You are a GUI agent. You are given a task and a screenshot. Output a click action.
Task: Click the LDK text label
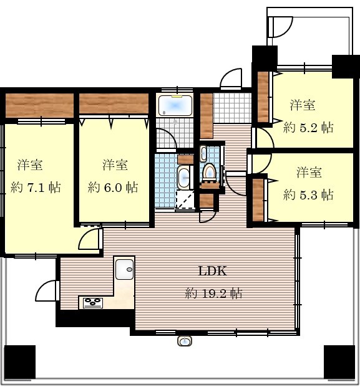pyautogui.click(x=213, y=271)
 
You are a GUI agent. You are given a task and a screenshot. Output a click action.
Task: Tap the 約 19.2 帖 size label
pyautogui.click(x=214, y=294)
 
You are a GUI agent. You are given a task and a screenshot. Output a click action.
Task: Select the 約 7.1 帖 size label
pyautogui.click(x=36, y=188)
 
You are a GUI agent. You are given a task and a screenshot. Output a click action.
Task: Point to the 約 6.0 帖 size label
pyautogui.click(x=113, y=188)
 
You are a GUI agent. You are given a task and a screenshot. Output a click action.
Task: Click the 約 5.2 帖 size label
pyautogui.click(x=308, y=128)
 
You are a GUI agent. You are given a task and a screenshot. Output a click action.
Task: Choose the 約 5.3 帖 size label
pyautogui.click(x=308, y=195)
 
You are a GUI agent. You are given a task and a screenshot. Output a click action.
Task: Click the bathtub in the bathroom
pyautogui.click(x=175, y=106)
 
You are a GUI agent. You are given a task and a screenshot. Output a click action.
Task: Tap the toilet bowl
pyautogui.click(x=209, y=171)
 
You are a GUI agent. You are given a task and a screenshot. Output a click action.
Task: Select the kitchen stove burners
pyautogui.click(x=93, y=303)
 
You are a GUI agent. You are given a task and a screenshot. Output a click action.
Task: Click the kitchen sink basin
pyautogui.click(x=124, y=269)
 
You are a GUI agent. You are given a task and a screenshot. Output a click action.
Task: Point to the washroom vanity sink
pyautogui.click(x=183, y=178)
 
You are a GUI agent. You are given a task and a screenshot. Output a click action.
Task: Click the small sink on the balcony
pyautogui.click(x=184, y=341)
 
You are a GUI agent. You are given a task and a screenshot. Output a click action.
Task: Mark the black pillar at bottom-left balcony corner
pyautogui.click(x=20, y=362)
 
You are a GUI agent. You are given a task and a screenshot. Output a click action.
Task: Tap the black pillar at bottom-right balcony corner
pyautogui.click(x=339, y=362)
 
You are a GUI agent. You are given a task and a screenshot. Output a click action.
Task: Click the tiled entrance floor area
pyautogui.click(x=232, y=108)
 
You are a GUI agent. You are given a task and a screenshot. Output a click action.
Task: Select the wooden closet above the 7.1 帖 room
pyautogui.click(x=39, y=105)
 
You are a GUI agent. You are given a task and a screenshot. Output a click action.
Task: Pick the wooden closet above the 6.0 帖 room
pyautogui.click(x=114, y=103)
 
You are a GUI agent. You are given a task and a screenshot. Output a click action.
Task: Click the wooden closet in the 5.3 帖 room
pyautogui.click(x=258, y=200)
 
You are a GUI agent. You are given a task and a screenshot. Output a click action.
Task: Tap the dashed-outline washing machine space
pyautogui.click(x=185, y=199)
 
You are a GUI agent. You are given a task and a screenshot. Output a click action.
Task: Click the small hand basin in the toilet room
pyautogui.click(x=203, y=153)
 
